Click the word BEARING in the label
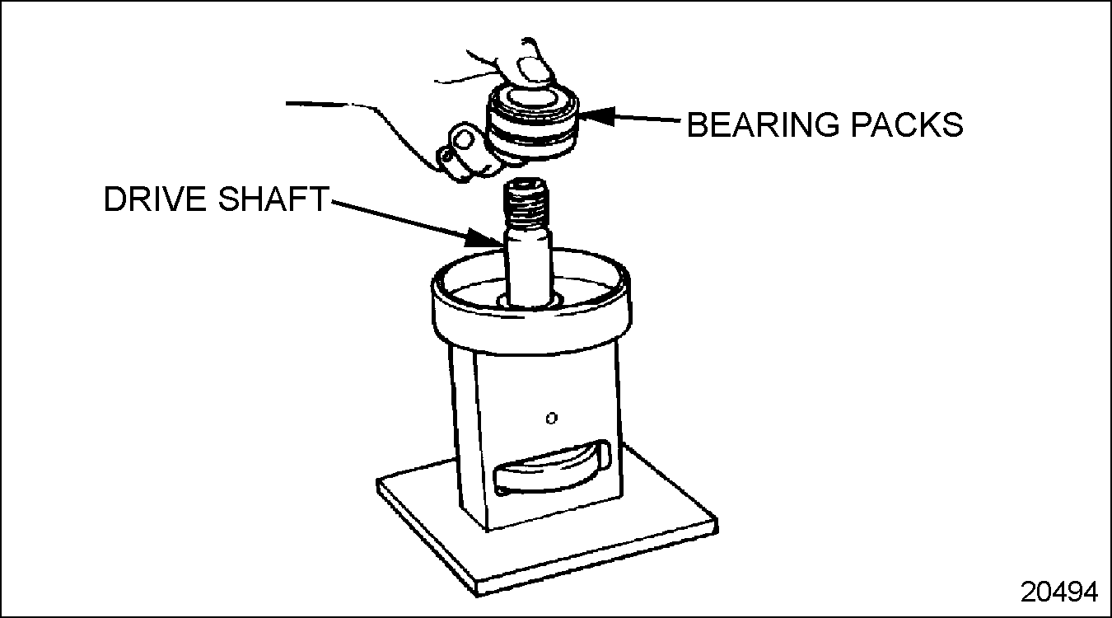(763, 124)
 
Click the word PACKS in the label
(907, 124)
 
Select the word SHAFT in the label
(273, 199)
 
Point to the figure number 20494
(1059, 592)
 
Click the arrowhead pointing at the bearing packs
(597, 117)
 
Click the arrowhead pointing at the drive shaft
(484, 238)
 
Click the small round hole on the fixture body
(552, 419)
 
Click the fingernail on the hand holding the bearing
(535, 70)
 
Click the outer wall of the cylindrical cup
(531, 330)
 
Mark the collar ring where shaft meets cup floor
(529, 302)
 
